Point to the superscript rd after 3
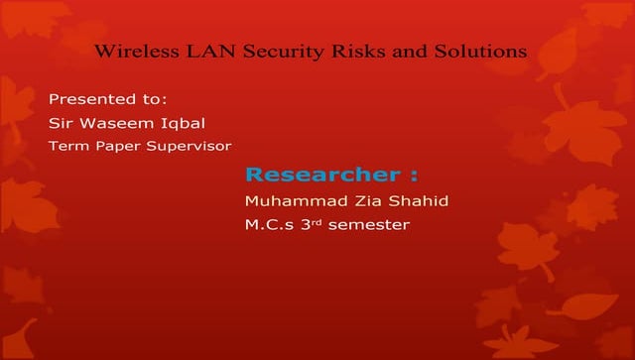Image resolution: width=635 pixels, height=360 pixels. click(318, 221)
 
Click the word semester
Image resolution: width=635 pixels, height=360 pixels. click(368, 226)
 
